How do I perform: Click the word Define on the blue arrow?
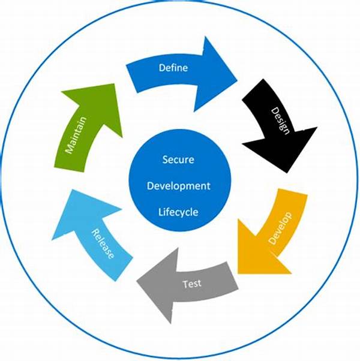coord(173,68)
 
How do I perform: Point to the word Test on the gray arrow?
coord(192,283)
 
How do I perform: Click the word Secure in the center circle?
coord(178,160)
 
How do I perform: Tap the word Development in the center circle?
coord(179,186)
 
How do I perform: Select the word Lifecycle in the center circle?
coord(178,212)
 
